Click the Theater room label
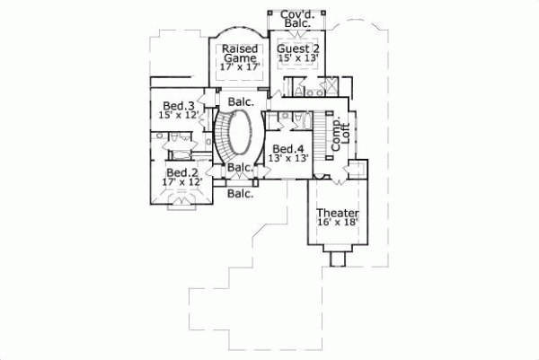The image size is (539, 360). click(x=337, y=213)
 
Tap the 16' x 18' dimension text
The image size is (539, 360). click(x=337, y=222)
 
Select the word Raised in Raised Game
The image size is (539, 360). click(x=241, y=48)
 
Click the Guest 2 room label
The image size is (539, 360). click(x=297, y=48)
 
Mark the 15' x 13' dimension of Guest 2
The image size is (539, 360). click(x=297, y=58)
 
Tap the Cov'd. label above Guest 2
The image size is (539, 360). click(x=296, y=15)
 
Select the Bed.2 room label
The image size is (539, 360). click(x=181, y=172)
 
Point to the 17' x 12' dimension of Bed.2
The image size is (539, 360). click(x=181, y=182)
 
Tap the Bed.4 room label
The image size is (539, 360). click(x=288, y=148)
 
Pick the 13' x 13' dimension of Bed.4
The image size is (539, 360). click(x=288, y=158)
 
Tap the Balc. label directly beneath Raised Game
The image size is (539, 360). click(x=240, y=101)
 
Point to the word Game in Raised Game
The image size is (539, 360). click(x=240, y=58)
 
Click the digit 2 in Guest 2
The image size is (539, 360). click(x=315, y=48)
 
